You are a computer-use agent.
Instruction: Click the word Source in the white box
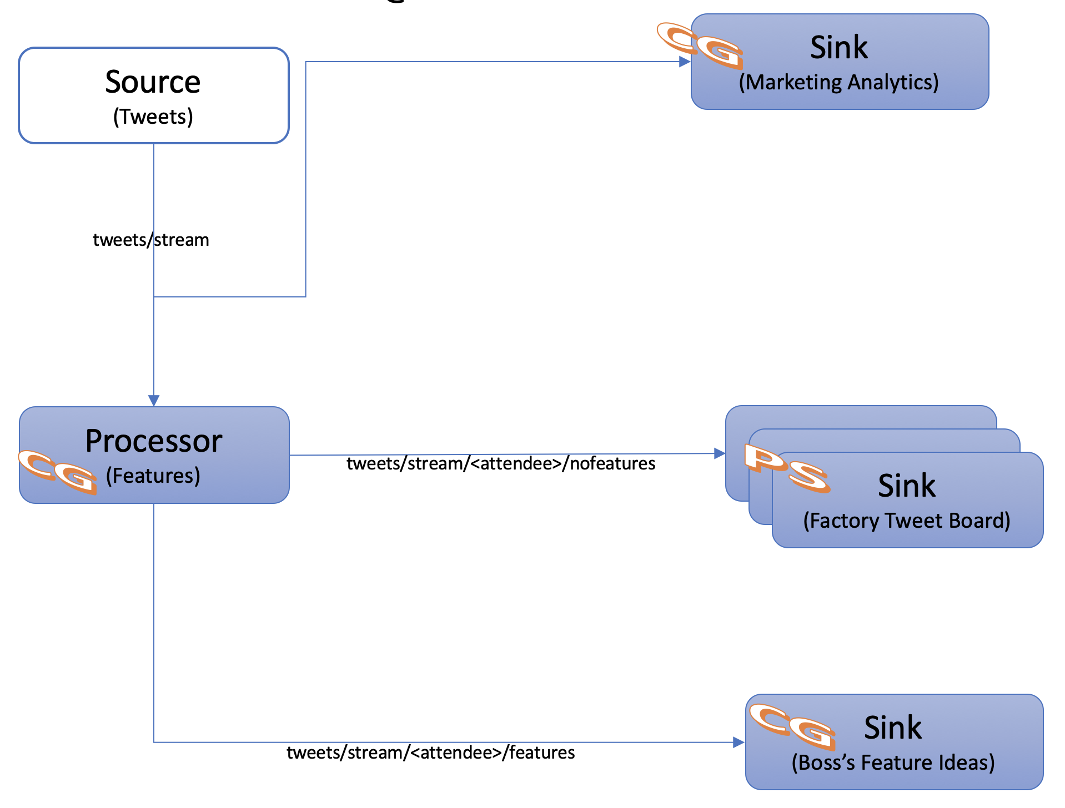(153, 82)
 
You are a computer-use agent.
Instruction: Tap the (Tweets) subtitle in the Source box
(153, 117)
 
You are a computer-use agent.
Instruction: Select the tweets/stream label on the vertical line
(150, 240)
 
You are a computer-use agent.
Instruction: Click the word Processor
(154, 441)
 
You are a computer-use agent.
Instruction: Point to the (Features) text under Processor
(153, 476)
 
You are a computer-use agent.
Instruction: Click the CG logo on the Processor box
(57, 472)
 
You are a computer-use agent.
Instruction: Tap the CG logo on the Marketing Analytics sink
(700, 46)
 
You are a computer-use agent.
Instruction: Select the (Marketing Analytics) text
(838, 82)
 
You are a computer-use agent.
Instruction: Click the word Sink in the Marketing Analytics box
(838, 47)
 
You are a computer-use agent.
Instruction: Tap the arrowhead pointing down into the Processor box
(154, 400)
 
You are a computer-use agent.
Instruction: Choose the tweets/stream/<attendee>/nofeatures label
(501, 463)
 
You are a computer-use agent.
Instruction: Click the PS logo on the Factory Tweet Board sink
(787, 468)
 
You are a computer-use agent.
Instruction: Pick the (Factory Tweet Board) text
(907, 521)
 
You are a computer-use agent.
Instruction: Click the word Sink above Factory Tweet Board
(907, 486)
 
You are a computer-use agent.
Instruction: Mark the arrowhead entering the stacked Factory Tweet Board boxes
(720, 453)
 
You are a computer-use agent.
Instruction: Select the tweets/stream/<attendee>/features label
(430, 753)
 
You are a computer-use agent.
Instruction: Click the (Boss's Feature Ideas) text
(893, 762)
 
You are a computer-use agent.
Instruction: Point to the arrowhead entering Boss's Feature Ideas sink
(739, 742)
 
